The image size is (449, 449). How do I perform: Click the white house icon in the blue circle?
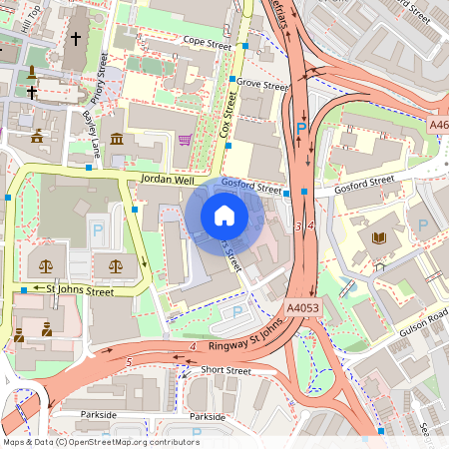[x=224, y=216]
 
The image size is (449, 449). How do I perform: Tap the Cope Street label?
[x=207, y=43]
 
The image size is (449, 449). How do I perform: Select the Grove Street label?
[x=262, y=86]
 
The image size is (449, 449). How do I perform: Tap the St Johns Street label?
[x=81, y=290]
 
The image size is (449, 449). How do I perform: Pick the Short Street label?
[x=225, y=370]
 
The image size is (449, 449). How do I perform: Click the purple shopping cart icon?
[x=185, y=140]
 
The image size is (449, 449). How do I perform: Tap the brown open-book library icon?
[x=379, y=237]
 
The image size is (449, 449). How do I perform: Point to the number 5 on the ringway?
[x=129, y=361]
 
